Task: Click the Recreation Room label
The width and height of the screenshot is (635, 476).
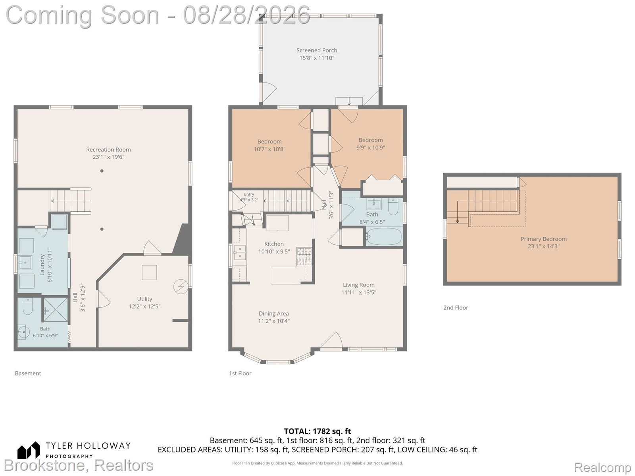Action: pyautogui.click(x=108, y=150)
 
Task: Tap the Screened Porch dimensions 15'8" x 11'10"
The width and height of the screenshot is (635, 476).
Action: pyautogui.click(x=317, y=58)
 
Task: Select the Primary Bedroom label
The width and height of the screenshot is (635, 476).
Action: pyautogui.click(x=544, y=239)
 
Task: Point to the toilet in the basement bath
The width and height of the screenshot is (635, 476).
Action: pyautogui.click(x=28, y=307)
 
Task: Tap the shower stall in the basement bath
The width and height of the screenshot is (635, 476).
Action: pyautogui.click(x=56, y=310)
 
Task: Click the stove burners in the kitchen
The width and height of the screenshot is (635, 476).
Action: pyautogui.click(x=304, y=256)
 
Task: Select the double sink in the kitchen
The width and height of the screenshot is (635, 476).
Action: pyautogui.click(x=240, y=252)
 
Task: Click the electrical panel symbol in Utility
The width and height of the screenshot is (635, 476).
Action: pyautogui.click(x=181, y=287)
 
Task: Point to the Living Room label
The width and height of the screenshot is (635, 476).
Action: pyautogui.click(x=359, y=285)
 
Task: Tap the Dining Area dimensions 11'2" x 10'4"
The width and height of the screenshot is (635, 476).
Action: pyautogui.click(x=274, y=321)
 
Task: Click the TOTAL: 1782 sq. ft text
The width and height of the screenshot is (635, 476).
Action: pyautogui.click(x=317, y=432)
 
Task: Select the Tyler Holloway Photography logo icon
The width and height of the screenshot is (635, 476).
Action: pyautogui.click(x=29, y=450)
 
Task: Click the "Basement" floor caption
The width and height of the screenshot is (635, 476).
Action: pyautogui.click(x=28, y=373)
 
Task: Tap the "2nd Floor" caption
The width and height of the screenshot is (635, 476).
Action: pyautogui.click(x=456, y=308)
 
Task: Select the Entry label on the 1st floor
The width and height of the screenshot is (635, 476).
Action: pyautogui.click(x=249, y=194)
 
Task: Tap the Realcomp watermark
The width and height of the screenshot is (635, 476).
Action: pyautogui.click(x=602, y=467)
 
